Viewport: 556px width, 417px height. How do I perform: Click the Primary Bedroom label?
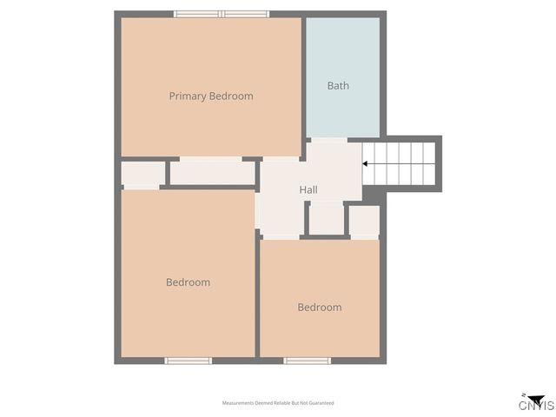[211, 96]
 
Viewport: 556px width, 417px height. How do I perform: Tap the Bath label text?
[338, 86]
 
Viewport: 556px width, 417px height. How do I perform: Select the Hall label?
[308, 189]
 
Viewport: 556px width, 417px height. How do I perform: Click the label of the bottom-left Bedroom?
[188, 282]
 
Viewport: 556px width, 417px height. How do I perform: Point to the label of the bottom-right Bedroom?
[319, 308]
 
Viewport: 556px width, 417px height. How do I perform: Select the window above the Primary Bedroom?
[222, 14]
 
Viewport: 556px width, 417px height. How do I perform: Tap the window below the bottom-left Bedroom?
[188, 361]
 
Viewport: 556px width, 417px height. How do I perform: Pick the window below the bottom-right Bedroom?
[307, 361]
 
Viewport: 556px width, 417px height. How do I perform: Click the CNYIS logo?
[536, 402]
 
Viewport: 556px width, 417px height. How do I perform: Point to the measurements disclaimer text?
[278, 403]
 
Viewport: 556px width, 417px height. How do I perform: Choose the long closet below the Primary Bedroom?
[212, 173]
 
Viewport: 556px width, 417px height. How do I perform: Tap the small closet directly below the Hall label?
[326, 218]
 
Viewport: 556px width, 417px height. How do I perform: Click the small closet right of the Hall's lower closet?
[364, 221]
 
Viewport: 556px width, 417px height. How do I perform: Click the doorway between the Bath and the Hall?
[328, 139]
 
